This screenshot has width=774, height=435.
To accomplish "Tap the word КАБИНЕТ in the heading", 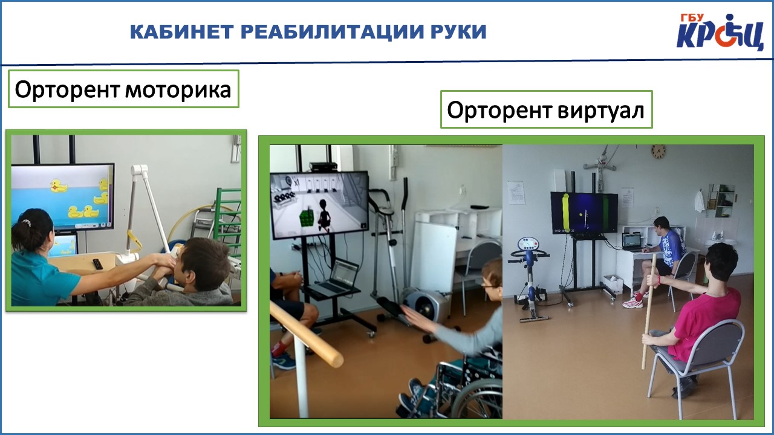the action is (x=182, y=32).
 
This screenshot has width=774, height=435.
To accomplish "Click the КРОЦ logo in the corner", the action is (x=720, y=32).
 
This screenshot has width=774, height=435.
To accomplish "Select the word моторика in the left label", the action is (x=178, y=90).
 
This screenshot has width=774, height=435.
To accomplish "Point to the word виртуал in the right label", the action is (x=601, y=111).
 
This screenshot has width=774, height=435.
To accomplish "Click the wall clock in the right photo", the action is (x=659, y=152).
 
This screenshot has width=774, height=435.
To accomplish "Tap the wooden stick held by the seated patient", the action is (x=649, y=311).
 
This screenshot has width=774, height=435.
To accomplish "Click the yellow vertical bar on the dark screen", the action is (x=565, y=213).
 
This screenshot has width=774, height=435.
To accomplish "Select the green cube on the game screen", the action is (x=307, y=217).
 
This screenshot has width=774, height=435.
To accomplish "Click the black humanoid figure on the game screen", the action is (x=324, y=214).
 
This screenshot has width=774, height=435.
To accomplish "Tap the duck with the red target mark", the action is (x=58, y=186).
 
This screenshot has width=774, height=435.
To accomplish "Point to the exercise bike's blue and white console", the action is (x=528, y=244).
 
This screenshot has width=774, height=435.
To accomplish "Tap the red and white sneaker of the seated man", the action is (x=633, y=303).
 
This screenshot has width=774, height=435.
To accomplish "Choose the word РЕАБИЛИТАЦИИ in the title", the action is (x=333, y=32).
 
